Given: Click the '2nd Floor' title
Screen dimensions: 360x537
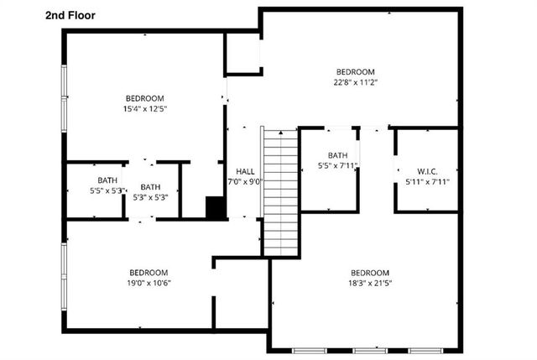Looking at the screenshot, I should pyautogui.click(x=70, y=15).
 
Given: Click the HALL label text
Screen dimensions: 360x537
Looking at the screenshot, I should pyautogui.click(x=245, y=170).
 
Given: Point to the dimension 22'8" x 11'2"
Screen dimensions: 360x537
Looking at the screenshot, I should pyautogui.click(x=356, y=82).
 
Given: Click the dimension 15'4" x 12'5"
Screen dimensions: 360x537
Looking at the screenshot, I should pyautogui.click(x=145, y=108).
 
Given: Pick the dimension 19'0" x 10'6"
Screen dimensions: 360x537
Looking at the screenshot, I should pyautogui.click(x=149, y=283).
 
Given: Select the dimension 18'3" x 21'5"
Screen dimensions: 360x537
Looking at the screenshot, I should pyautogui.click(x=370, y=284).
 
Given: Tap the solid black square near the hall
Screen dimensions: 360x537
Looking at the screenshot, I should pyautogui.click(x=216, y=207).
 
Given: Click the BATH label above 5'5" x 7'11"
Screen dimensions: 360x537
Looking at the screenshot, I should pyautogui.click(x=337, y=155).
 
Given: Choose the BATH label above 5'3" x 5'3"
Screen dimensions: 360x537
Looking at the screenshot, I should pyautogui.click(x=150, y=187).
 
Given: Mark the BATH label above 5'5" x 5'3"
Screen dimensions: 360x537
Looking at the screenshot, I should pyautogui.click(x=107, y=180).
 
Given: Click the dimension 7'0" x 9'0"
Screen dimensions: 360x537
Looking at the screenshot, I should pyautogui.click(x=245, y=181).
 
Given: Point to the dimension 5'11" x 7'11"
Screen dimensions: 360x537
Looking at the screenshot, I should pyautogui.click(x=428, y=181).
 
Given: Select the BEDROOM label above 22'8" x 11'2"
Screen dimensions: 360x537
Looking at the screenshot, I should pyautogui.click(x=356, y=71).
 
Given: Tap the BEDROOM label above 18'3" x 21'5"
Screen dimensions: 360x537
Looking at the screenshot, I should pyautogui.click(x=370, y=273).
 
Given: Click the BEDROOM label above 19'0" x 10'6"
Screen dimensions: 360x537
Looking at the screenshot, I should pyautogui.click(x=149, y=272).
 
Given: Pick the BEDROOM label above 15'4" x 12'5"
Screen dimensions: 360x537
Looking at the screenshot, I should pyautogui.click(x=145, y=97).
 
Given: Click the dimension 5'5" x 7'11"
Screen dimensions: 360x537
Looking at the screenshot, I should pyautogui.click(x=337, y=166).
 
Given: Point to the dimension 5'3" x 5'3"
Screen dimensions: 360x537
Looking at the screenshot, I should pyautogui.click(x=150, y=198).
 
